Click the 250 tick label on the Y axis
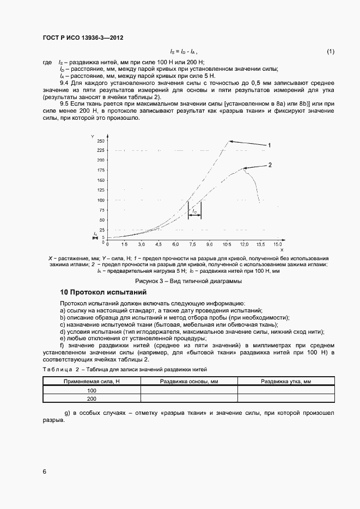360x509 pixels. tap(100, 141)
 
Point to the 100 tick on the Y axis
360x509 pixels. tap(100, 200)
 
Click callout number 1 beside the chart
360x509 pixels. tap(269, 145)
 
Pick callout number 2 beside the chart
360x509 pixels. tap(269, 164)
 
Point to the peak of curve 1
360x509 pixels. tap(228, 142)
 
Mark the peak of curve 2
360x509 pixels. tap(245, 169)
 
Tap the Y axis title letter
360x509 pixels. tap(93, 135)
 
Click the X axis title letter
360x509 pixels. tap(282, 250)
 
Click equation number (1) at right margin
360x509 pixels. tap(330, 52)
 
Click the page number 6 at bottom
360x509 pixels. tap(44, 471)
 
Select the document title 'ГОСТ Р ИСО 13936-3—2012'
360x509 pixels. tap(83, 38)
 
